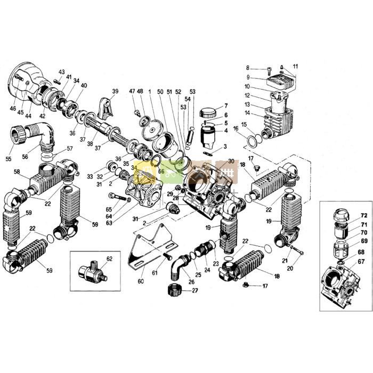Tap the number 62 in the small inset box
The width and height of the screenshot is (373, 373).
point(110,259)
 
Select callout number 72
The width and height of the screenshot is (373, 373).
point(363,215)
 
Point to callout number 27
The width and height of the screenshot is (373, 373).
point(195,290)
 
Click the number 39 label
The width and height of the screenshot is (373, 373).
point(115,92)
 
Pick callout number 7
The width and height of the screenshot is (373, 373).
point(226,106)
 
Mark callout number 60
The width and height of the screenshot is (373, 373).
point(141,281)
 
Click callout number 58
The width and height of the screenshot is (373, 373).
point(17,172)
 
